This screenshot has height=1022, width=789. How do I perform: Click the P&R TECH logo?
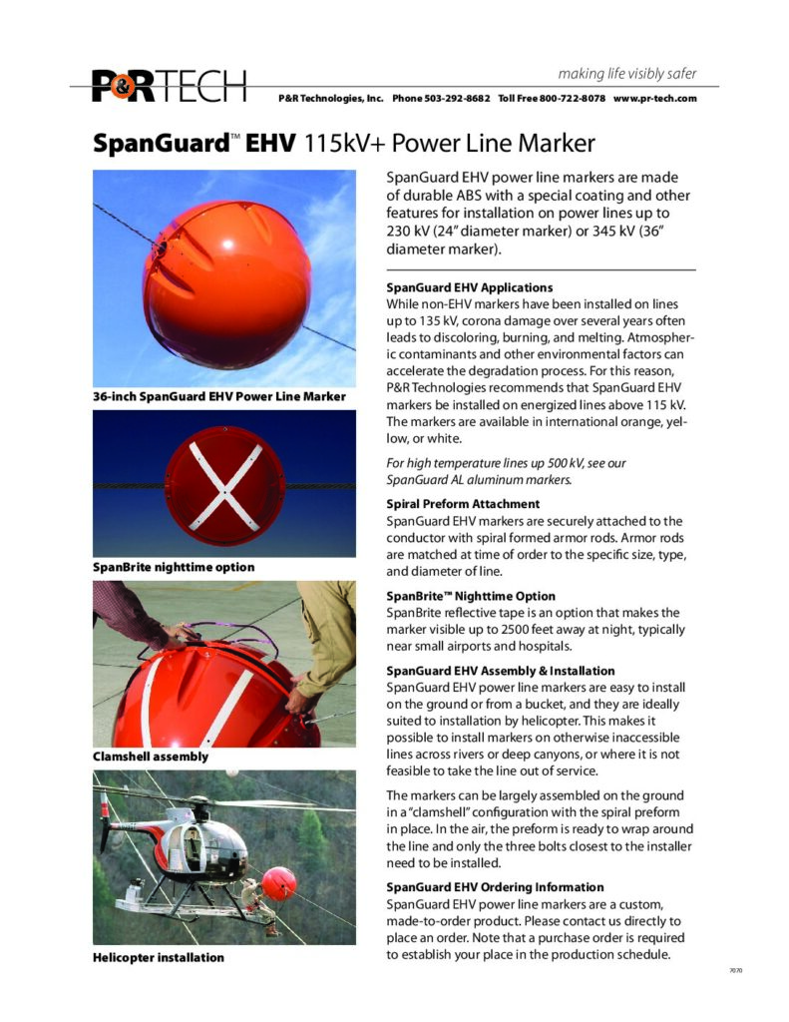[x=169, y=86]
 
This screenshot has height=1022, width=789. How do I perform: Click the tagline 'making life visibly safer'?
[x=627, y=74]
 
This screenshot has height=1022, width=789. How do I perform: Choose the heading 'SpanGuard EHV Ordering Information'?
[x=495, y=886]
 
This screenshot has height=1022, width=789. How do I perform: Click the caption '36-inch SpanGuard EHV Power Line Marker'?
[x=219, y=397]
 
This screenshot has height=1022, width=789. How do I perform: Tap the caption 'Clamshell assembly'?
[x=151, y=757]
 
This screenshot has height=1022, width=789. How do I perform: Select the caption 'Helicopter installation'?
[x=159, y=958]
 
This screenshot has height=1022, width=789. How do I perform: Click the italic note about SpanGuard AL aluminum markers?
[x=507, y=472]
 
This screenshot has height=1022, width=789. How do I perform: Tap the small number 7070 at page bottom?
[x=736, y=970]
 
